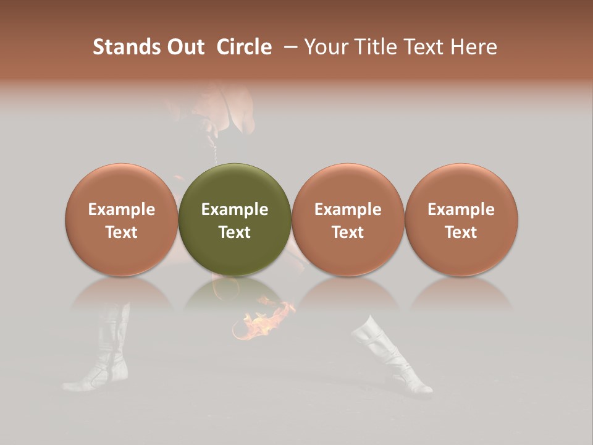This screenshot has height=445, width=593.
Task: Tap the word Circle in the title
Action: [244, 47]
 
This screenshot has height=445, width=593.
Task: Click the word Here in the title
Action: [473, 47]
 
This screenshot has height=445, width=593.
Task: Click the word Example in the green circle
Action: [235, 210]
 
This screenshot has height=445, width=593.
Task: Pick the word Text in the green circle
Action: [235, 232]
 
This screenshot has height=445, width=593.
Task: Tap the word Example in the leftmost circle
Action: [122, 210]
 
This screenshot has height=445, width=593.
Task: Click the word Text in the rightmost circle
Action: [461, 232]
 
